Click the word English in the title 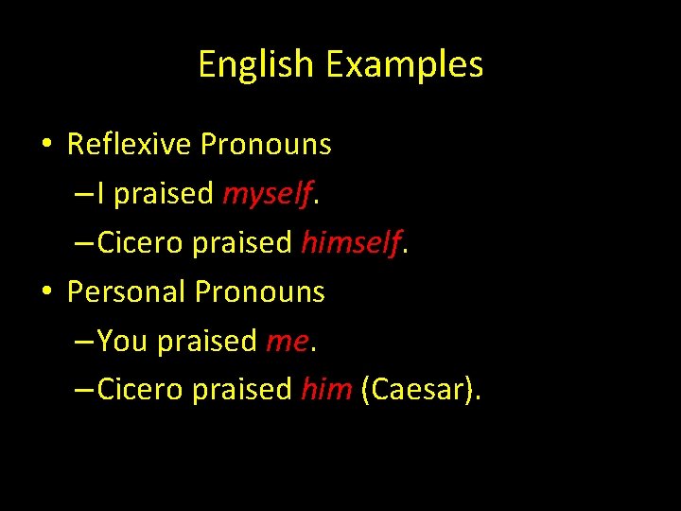[x=255, y=65]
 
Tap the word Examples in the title [x=404, y=65]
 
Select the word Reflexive [x=130, y=145]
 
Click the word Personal [x=127, y=291]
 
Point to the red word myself [x=267, y=195]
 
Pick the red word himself [x=351, y=243]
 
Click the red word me [x=287, y=341]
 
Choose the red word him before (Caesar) [x=326, y=389]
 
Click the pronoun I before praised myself [x=101, y=194]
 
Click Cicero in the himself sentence [x=141, y=243]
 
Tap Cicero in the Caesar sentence [x=141, y=389]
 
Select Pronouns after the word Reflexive [x=266, y=145]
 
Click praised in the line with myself [x=164, y=195]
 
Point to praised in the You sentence [x=207, y=341]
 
